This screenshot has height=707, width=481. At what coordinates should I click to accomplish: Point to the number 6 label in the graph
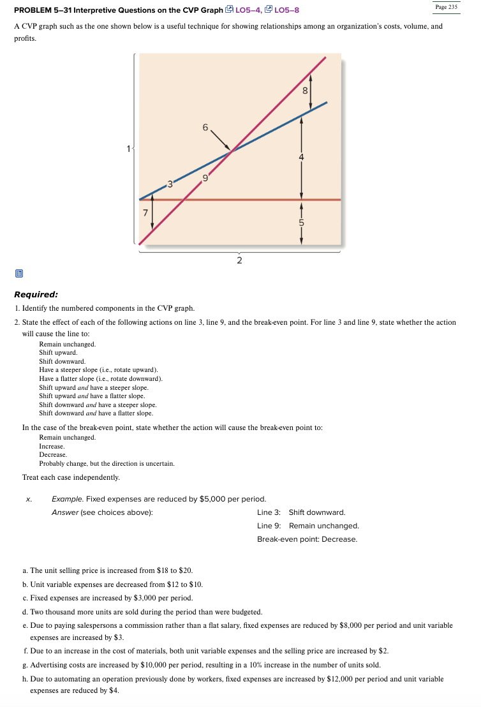[205, 128]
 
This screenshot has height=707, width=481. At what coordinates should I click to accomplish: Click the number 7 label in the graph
[145, 212]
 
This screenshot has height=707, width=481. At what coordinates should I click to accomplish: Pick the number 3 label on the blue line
[169, 185]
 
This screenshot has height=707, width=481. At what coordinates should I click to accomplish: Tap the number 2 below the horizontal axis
[239, 260]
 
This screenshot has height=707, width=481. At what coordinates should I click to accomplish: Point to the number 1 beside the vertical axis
[128, 149]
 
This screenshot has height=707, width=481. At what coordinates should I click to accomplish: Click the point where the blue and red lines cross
[232, 151]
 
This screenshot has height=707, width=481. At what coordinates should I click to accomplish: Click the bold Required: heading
[36, 294]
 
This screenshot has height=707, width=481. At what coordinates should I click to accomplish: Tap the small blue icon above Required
[18, 273]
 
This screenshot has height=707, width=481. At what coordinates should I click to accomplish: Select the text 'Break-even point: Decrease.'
[307, 539]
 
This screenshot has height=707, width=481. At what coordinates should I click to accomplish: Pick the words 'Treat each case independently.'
[71, 477]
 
